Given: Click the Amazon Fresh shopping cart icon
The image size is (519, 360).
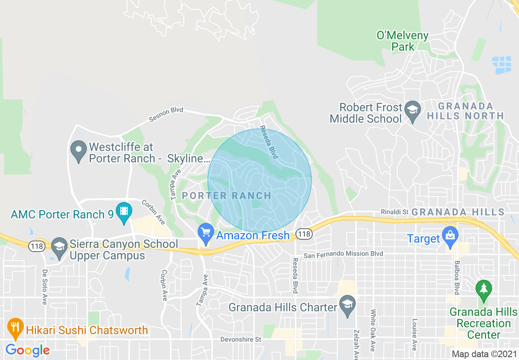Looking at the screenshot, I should click(205, 233).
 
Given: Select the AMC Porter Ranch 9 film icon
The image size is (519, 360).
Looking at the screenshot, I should click(124, 212).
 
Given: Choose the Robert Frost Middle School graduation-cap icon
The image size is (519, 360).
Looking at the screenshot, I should click(412, 110).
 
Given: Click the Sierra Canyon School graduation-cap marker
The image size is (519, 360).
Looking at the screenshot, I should click(60, 247).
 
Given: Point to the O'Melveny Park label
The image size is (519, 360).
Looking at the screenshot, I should click(403, 41).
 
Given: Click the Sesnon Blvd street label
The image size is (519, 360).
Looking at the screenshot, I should click(166, 114).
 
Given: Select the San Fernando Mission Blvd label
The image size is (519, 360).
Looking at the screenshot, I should click(343, 254).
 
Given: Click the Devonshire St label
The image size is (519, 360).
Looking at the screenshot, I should click(241, 340).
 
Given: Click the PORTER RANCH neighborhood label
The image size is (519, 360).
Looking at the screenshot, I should click(226, 196).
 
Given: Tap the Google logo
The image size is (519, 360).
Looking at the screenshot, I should click(27, 350).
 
